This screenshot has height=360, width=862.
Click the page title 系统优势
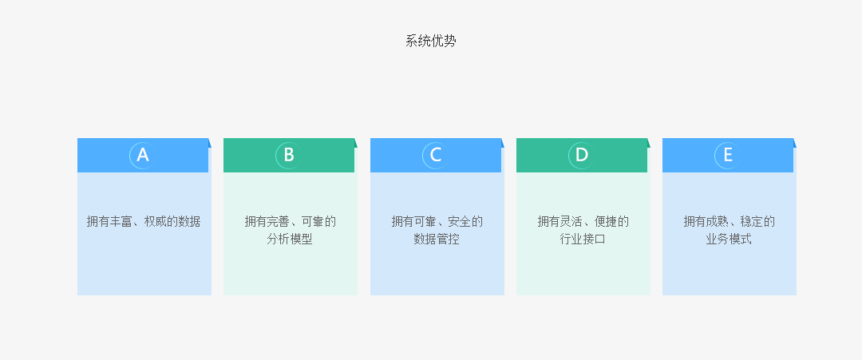coord(431,42)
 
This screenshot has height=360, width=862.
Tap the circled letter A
coord(142,155)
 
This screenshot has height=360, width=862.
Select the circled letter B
coord(289,155)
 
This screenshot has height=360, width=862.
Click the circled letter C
coord(436,155)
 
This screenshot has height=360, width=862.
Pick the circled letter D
coord(582,155)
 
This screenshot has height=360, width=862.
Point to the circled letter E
coord(728,155)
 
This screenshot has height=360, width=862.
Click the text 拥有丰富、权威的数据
coord(144,221)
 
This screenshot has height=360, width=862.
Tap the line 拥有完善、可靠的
coord(291,221)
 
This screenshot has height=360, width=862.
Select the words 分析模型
coord(290,239)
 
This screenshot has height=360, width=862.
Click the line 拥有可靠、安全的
coord(437,221)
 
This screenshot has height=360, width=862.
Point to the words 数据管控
coord(437,239)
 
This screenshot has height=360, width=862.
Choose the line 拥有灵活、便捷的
coord(583,221)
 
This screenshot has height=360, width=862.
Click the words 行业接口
coord(583,239)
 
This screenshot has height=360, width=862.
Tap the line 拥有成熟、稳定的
coord(730,221)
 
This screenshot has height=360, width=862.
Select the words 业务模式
coord(729,239)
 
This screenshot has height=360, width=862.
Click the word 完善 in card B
coord(279,221)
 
